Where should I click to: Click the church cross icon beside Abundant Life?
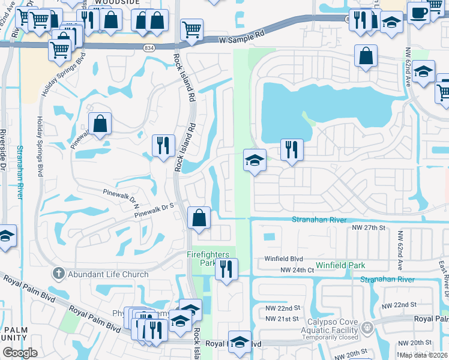tap(58, 274)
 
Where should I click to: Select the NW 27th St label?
tap(367, 228)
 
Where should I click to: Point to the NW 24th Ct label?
tap(297, 271)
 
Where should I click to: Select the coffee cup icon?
tap(418, 11)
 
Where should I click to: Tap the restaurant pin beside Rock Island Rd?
tap(163, 145)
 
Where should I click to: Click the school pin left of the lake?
tap(255, 160)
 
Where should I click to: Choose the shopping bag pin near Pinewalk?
tap(100, 124)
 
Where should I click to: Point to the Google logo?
tap(20, 352)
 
